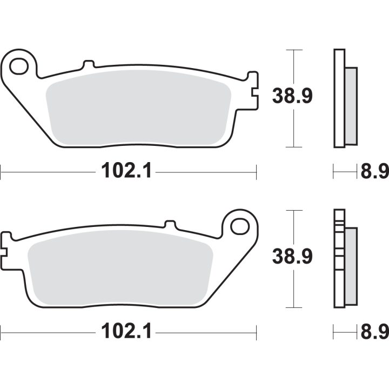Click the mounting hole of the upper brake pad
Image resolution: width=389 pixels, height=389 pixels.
click(x=18, y=66)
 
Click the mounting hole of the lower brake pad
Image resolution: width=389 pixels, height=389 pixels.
click(x=240, y=226)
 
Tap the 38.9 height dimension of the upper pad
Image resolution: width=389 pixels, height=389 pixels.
click(x=292, y=96)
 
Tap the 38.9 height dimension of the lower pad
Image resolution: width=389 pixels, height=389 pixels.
click(x=292, y=256)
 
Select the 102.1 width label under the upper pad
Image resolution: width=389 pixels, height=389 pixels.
click(x=126, y=170)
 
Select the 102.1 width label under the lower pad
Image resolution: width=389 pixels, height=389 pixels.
click(x=126, y=331)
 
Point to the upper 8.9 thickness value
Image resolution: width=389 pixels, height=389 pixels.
click(x=374, y=171)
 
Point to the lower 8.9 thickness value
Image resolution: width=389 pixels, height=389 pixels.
click(x=374, y=331)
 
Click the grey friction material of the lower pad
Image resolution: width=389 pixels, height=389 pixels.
click(x=120, y=268)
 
